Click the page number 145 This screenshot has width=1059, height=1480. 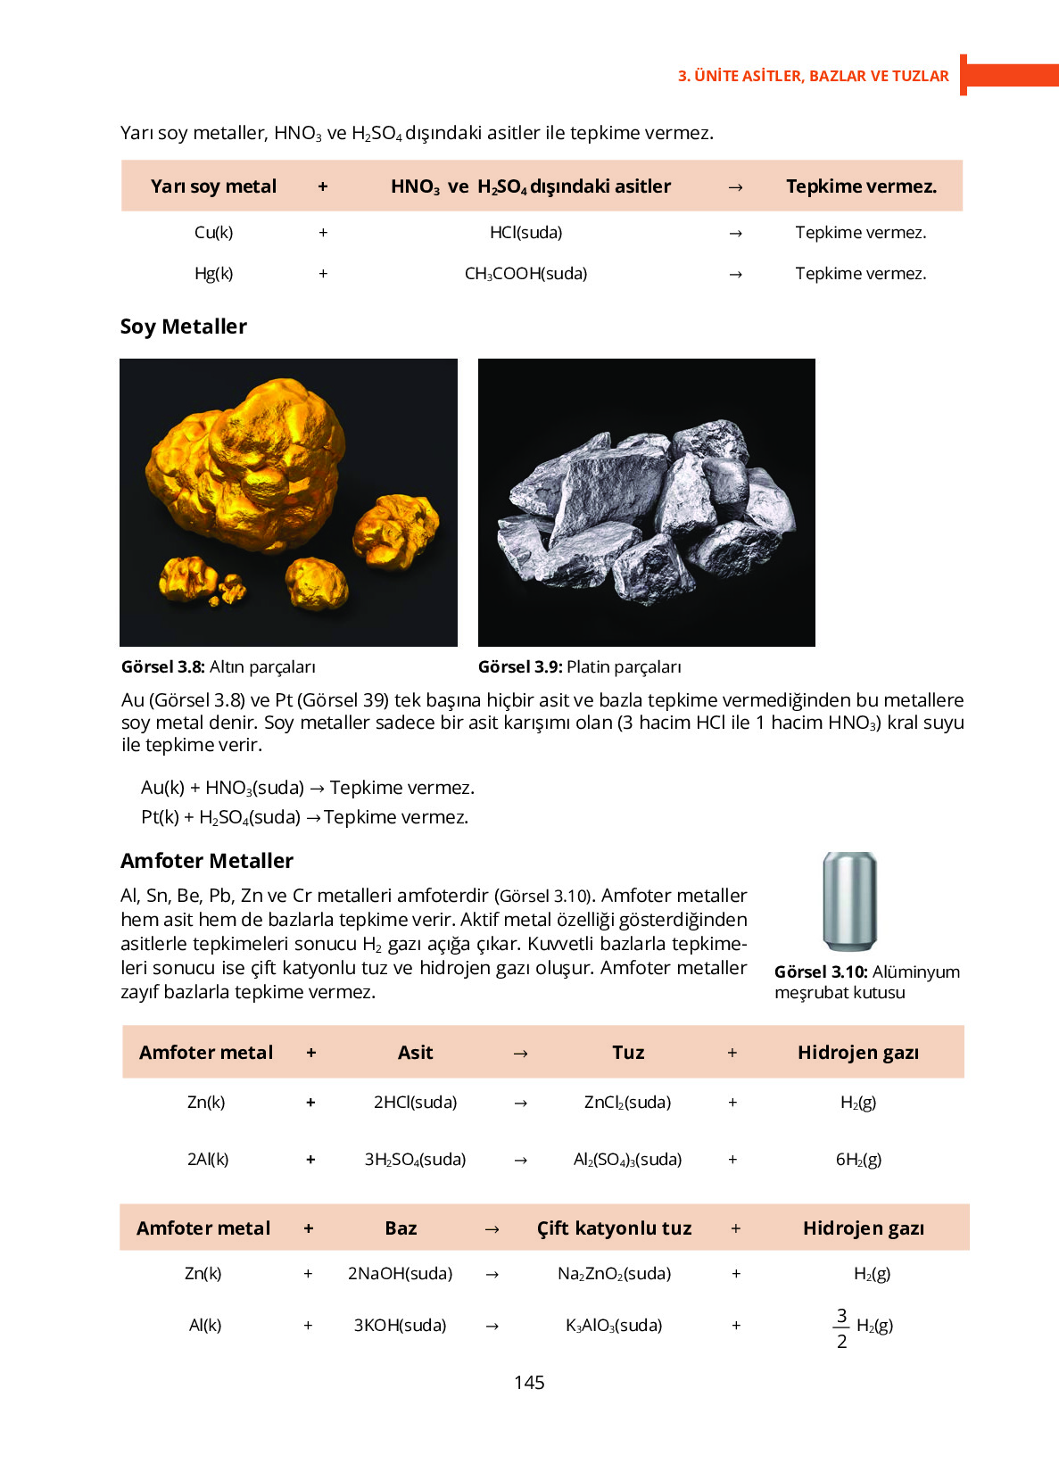529,1382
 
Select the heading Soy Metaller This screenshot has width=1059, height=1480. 183,327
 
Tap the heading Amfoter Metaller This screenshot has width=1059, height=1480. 206,861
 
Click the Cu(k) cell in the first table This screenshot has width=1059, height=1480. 213,233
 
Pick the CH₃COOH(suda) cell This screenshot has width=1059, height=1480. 525,274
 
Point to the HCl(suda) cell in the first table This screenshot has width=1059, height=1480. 525,233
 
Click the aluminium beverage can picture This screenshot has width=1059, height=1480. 849,901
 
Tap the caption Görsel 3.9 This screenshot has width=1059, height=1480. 519,667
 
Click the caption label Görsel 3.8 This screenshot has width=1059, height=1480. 163,667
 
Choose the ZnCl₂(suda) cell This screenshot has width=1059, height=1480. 627,1103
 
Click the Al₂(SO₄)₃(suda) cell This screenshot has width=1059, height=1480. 627,1160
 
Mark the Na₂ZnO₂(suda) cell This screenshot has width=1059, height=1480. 614,1274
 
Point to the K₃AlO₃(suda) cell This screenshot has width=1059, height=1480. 614,1326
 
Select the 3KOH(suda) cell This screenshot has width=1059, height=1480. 400,1326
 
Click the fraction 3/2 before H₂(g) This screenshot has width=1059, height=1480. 841,1328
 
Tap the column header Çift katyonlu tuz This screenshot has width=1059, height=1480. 614,1228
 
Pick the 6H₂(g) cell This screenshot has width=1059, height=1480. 858,1160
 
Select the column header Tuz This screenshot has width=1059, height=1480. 628,1053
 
